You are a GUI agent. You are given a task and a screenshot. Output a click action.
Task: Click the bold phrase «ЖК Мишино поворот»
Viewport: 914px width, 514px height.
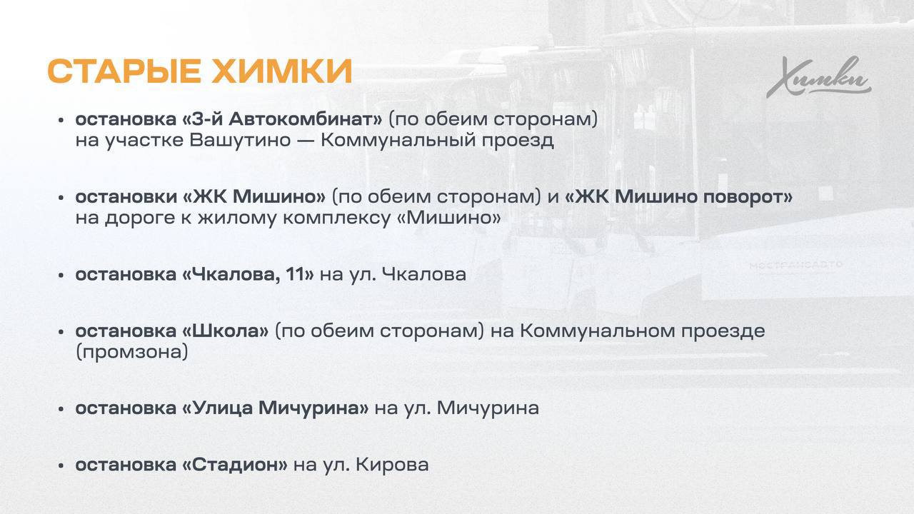point(678,196)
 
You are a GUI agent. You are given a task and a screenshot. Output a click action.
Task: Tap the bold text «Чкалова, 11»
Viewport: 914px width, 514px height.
point(248,274)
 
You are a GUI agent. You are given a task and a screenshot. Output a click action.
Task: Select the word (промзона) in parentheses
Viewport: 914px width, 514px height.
point(132,352)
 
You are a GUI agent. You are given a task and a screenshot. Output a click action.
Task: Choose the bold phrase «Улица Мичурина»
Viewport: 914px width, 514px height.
point(275,408)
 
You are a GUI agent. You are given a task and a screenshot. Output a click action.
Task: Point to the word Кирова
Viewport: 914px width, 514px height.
point(393,464)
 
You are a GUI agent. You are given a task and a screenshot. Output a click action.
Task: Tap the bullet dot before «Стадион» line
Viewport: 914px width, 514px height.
point(61,465)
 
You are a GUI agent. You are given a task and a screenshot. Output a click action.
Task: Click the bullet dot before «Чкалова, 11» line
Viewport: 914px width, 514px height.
point(61,276)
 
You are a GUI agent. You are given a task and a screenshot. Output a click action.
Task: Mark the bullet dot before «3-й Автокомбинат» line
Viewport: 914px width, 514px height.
point(61,121)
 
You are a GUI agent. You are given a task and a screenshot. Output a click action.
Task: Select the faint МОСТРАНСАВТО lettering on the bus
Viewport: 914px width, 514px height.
point(795,265)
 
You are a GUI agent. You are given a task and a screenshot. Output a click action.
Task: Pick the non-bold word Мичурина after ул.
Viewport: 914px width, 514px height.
point(488,408)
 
